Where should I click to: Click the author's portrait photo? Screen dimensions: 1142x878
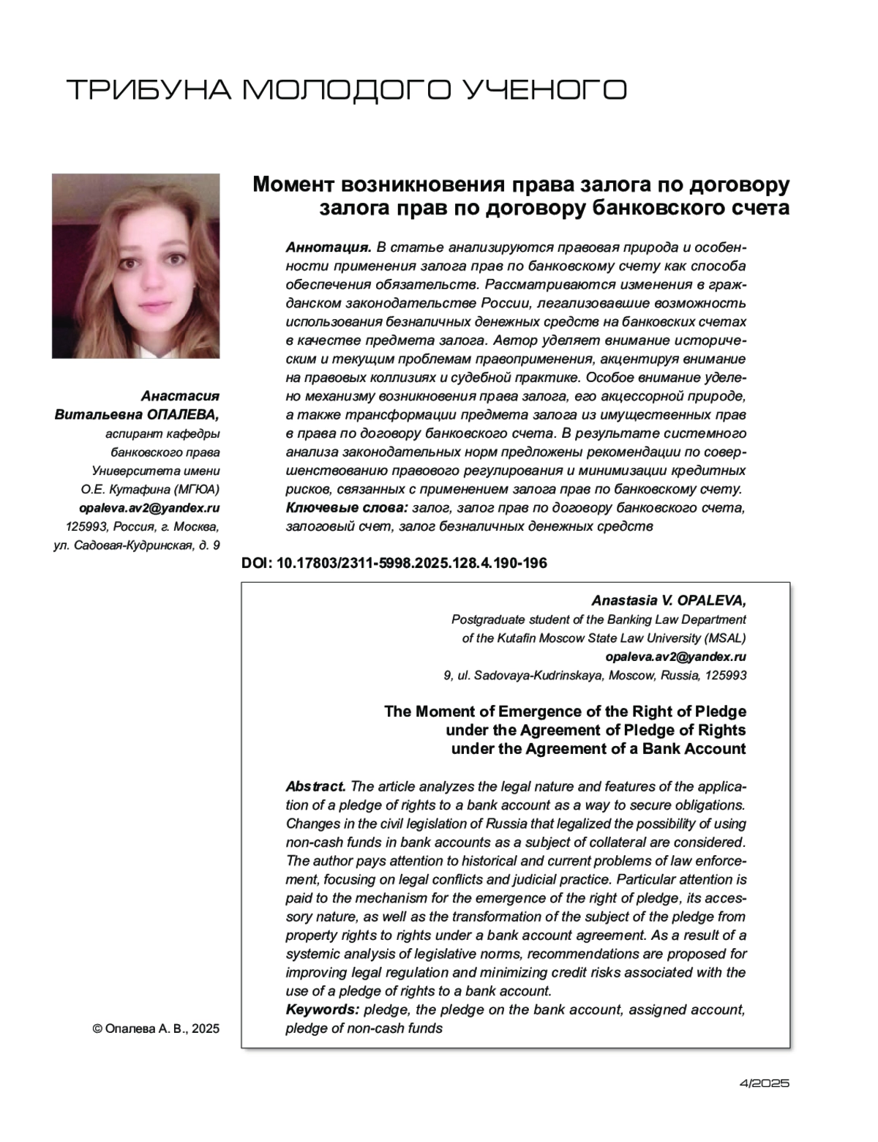(135, 266)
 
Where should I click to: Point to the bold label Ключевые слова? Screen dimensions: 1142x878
(346, 507)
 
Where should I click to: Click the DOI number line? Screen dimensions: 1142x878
(394, 563)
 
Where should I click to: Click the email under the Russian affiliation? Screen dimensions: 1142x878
(149, 507)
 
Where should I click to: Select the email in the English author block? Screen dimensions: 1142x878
(676, 657)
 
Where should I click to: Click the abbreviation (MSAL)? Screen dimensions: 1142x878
(725, 638)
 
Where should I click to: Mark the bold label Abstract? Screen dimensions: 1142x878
(315, 786)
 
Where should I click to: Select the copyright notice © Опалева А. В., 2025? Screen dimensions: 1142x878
(156, 1028)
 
